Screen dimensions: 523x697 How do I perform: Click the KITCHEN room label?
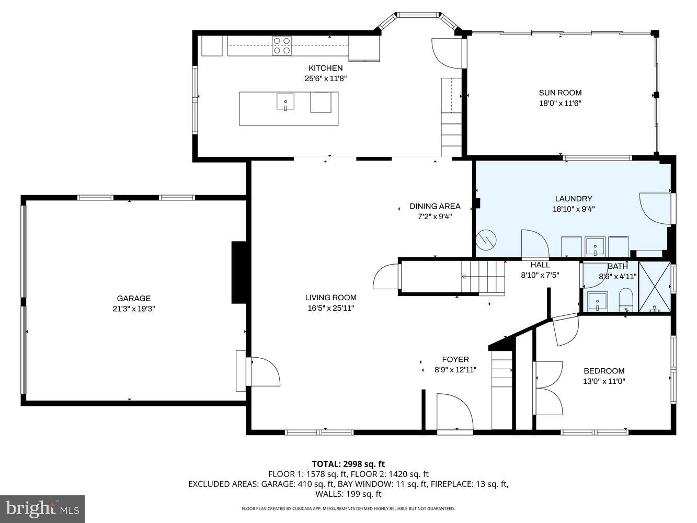[325, 68]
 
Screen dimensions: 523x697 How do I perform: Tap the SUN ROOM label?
[560, 93]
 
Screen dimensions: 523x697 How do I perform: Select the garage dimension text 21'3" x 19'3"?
[134, 309]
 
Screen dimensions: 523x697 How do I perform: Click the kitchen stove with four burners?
[281, 46]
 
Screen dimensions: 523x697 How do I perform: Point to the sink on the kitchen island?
[285, 101]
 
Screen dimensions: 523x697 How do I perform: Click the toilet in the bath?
[625, 302]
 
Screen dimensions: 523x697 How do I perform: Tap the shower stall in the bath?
[654, 287]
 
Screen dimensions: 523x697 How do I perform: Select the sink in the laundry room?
[595, 246]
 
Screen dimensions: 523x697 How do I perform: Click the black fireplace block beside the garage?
[239, 272]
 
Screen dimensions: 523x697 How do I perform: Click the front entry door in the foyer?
[454, 413]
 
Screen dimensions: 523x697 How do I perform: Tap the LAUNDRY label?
[574, 199]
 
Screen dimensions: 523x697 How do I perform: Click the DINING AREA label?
[435, 206]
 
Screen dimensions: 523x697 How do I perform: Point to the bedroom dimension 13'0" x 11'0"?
[604, 381]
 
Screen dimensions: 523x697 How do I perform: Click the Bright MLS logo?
[42, 508]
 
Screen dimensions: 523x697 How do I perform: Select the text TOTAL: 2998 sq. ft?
[348, 463]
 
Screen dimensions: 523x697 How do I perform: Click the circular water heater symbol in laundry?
[486, 241]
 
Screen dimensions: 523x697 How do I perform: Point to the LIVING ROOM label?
[330, 298]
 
